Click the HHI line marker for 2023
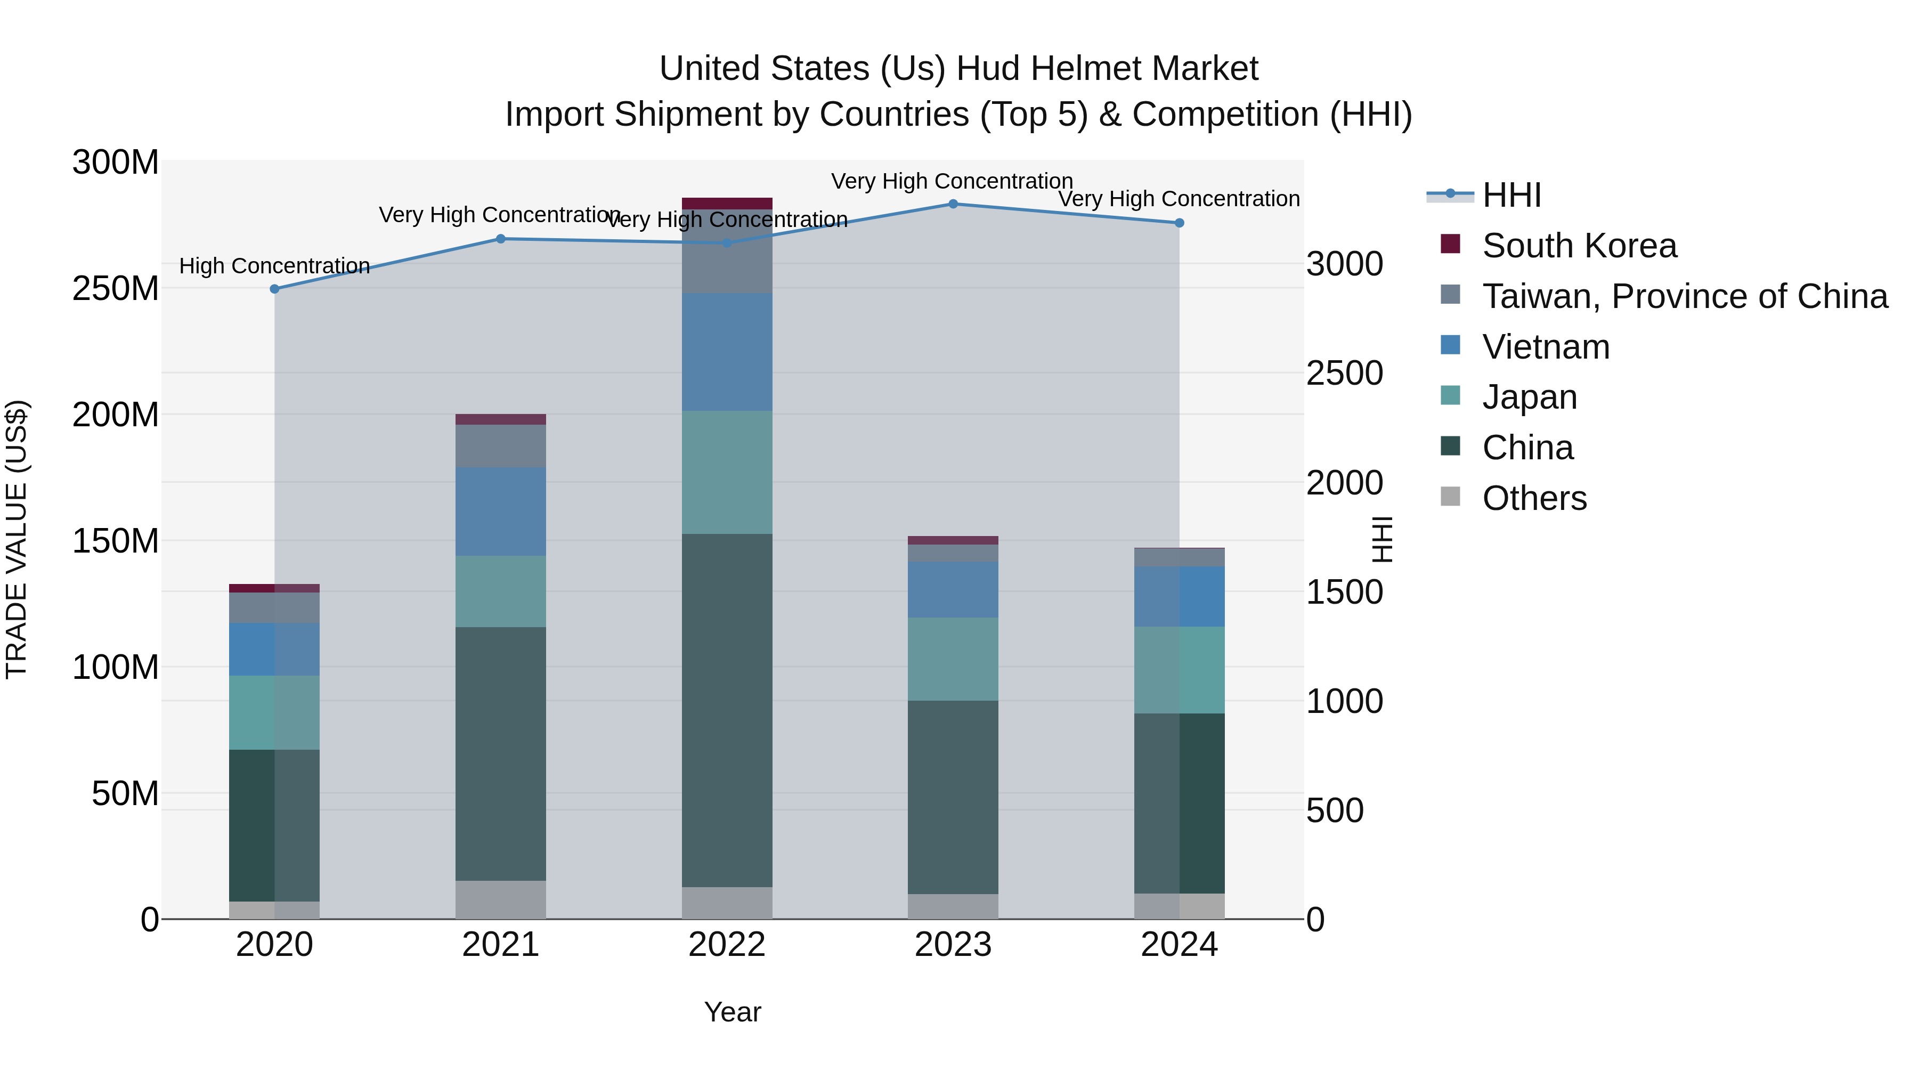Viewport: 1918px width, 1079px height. click(953, 204)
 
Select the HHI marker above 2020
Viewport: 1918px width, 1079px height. click(275, 289)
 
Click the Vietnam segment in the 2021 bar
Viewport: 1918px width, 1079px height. click(500, 512)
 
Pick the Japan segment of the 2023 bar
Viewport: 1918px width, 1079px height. click(953, 659)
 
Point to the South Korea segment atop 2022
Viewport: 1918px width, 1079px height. click(727, 204)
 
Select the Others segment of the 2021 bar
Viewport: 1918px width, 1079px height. click(500, 899)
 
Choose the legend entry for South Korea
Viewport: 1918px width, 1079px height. click(1579, 246)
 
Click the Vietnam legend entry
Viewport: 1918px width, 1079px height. click(1545, 347)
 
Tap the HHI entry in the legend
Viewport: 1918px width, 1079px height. click(1511, 195)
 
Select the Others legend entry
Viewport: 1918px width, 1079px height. click(1534, 498)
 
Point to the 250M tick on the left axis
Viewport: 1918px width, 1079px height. click(116, 288)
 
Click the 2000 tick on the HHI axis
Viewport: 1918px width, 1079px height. click(1345, 483)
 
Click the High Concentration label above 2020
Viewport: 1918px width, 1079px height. click(275, 266)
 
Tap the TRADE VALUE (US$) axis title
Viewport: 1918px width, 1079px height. click(17, 539)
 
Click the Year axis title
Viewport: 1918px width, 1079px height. click(733, 1012)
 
